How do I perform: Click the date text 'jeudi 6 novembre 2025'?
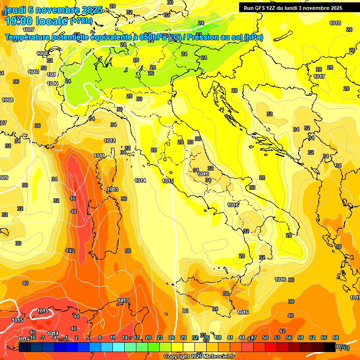(53, 10)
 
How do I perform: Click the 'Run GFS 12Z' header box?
(293, 8)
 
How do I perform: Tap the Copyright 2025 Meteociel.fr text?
(199, 357)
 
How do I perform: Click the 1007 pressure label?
(29, 29)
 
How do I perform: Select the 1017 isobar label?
(320, 76)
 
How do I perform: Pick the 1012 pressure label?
(110, 141)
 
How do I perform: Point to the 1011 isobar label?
(99, 156)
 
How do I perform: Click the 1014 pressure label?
(140, 180)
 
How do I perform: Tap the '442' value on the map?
(70, 251)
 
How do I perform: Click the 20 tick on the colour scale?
(148, 337)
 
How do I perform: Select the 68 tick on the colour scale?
(336, 337)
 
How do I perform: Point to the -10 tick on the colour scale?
(32, 337)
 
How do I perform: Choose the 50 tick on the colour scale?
(265, 337)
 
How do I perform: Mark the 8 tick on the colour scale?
(100, 337)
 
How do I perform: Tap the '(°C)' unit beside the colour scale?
(345, 347)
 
